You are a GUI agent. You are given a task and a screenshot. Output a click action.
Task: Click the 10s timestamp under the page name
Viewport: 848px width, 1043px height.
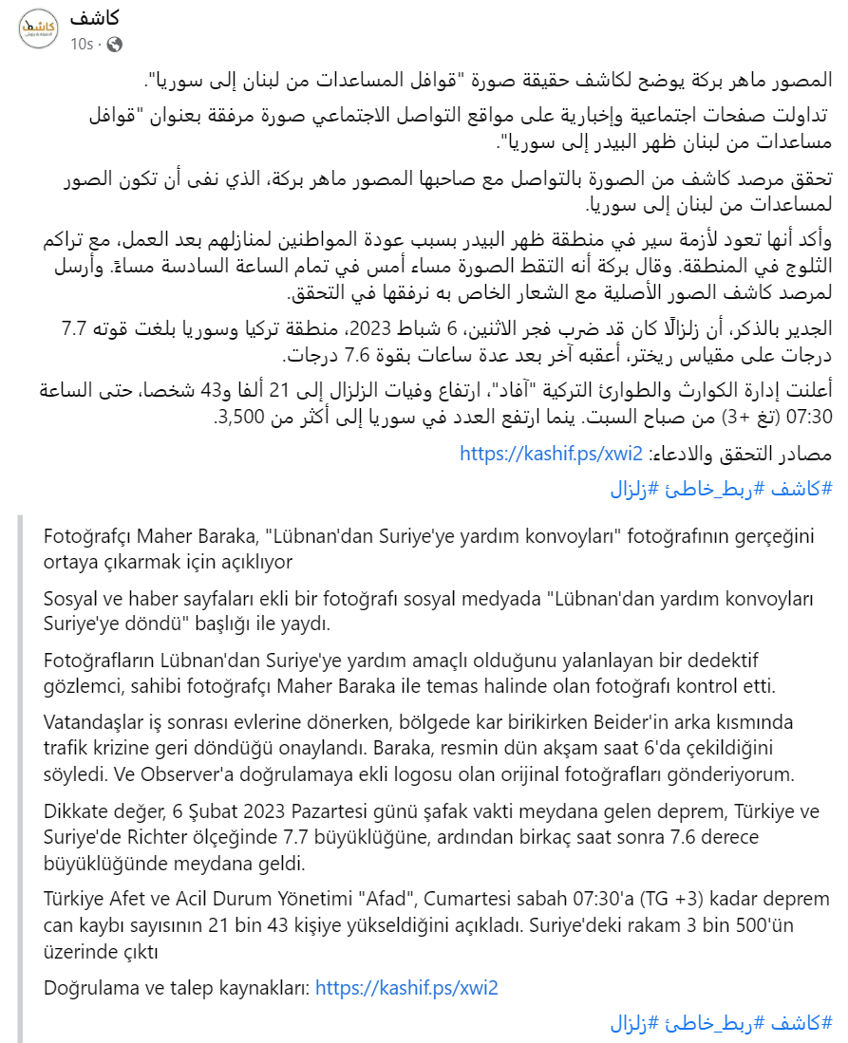point(82,44)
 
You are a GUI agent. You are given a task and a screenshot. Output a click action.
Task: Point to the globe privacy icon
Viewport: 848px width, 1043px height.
point(114,44)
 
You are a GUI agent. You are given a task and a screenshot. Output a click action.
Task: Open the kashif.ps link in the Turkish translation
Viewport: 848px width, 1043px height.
point(405,988)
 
